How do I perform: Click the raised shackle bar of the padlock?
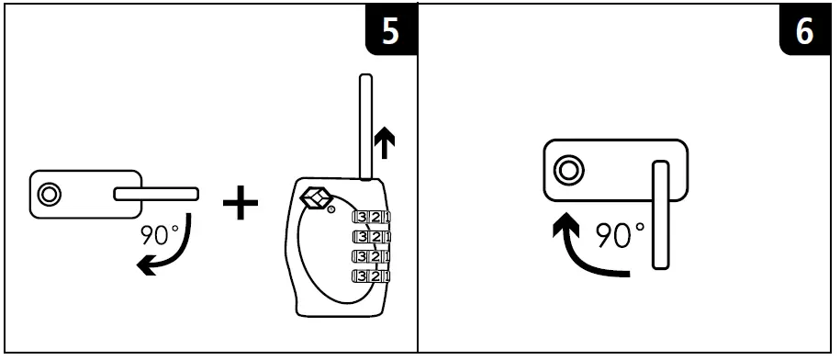365,124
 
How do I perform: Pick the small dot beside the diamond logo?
330,210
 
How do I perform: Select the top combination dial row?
371,217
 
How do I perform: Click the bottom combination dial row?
371,276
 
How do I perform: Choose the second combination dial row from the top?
371,237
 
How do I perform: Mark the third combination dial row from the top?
371,256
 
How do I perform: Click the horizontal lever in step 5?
156,194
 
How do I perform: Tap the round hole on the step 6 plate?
569,169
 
